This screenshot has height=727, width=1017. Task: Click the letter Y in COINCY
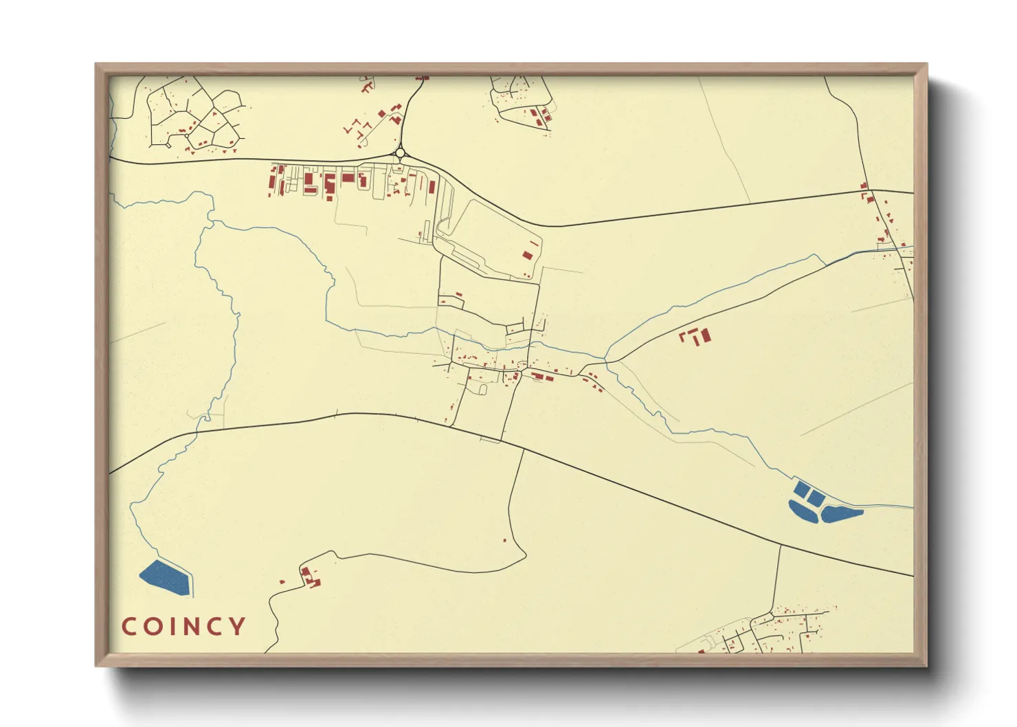coord(237,626)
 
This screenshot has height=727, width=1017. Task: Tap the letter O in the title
coord(152,626)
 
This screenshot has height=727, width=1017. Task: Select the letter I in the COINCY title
coord(171,626)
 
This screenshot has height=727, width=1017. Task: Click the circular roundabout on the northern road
coord(400,153)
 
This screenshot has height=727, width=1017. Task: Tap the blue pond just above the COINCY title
coord(166,577)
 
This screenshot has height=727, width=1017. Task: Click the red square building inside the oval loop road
coord(528,254)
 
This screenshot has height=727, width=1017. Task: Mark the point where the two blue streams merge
coord(605,360)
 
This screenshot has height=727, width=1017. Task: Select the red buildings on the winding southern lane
coord(310,577)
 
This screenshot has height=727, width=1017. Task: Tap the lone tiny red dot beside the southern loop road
coord(505,540)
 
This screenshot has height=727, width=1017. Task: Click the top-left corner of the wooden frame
coord(96,65)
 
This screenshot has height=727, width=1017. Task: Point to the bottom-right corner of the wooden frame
coord(926,665)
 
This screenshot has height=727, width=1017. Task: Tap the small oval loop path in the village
coord(482,390)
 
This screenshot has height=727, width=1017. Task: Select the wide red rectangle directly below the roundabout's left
coord(348,178)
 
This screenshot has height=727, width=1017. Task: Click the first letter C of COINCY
coord(128,626)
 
